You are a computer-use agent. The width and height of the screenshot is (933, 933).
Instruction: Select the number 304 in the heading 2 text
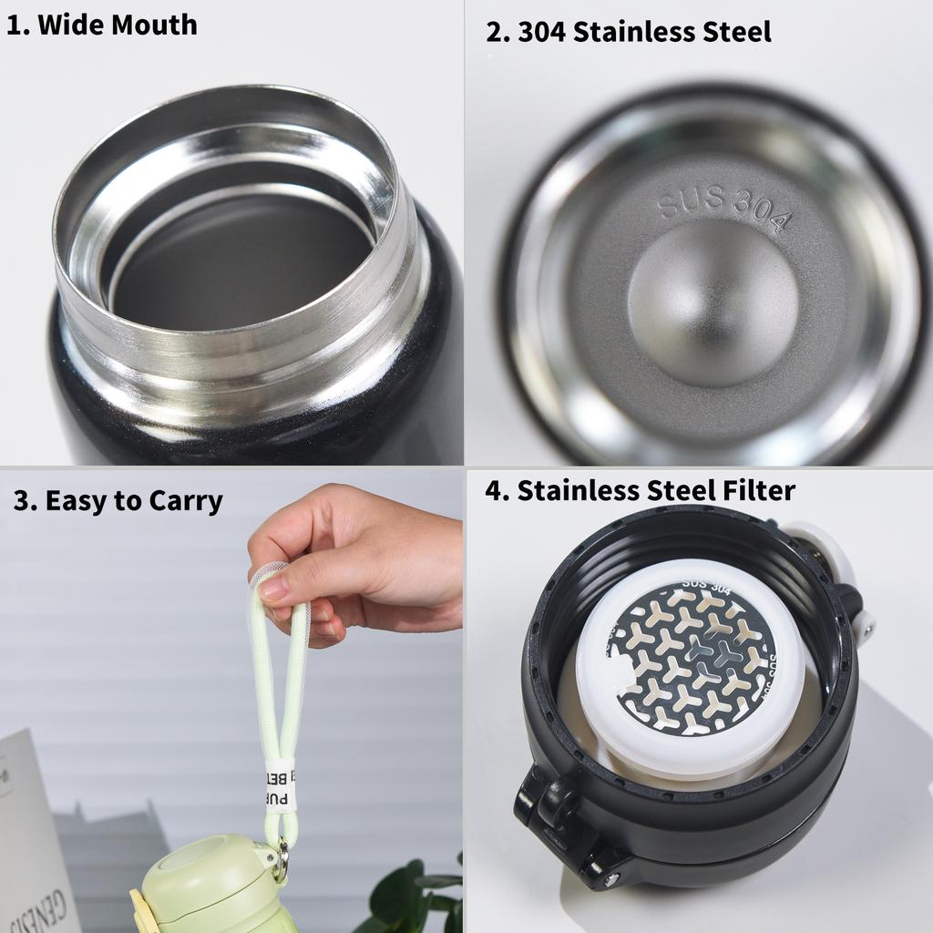click(x=543, y=32)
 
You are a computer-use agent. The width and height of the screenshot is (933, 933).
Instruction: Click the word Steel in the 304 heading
click(x=729, y=32)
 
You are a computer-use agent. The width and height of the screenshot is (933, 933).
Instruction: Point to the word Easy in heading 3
click(x=71, y=501)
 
